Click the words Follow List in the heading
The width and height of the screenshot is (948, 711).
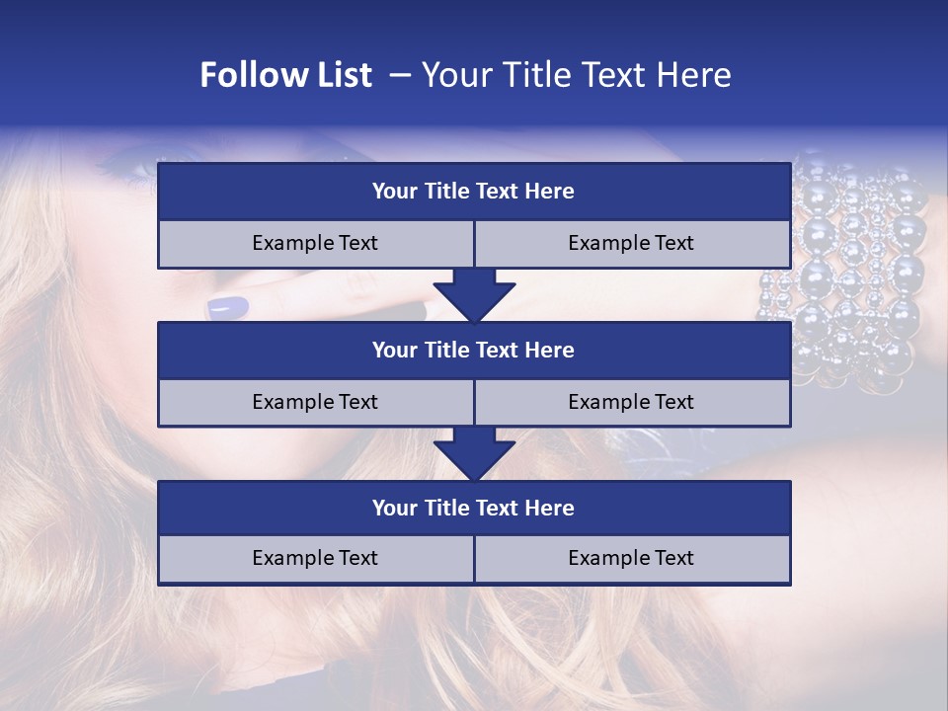(286, 75)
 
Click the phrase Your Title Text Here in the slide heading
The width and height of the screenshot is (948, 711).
(577, 75)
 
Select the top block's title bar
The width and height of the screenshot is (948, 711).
(474, 192)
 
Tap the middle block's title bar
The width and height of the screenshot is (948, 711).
(474, 350)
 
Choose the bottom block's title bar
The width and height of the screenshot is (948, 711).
(474, 508)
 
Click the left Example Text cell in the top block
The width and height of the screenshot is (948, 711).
(315, 243)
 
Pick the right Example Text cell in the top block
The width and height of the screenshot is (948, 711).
(631, 243)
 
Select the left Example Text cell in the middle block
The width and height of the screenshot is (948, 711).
(315, 402)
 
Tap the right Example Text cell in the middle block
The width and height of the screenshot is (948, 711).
(631, 402)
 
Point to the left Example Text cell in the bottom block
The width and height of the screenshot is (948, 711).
(315, 558)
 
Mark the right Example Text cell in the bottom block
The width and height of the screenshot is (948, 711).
(631, 558)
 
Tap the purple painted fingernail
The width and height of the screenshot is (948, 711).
(228, 308)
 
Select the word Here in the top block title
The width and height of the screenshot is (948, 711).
(550, 192)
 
